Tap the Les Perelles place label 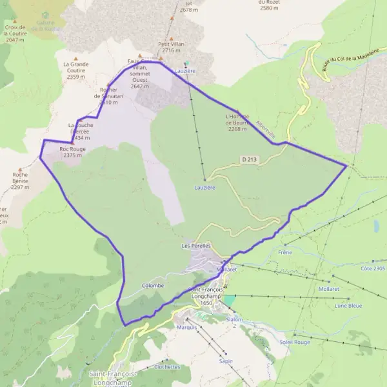tap(197, 246)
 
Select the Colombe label tap(153, 285)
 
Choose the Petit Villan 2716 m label tap(171, 47)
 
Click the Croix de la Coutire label tap(14, 34)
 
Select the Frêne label tap(285, 252)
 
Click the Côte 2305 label tap(373, 268)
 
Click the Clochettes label tap(167, 366)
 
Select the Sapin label tap(226, 361)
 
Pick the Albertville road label tap(265, 129)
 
